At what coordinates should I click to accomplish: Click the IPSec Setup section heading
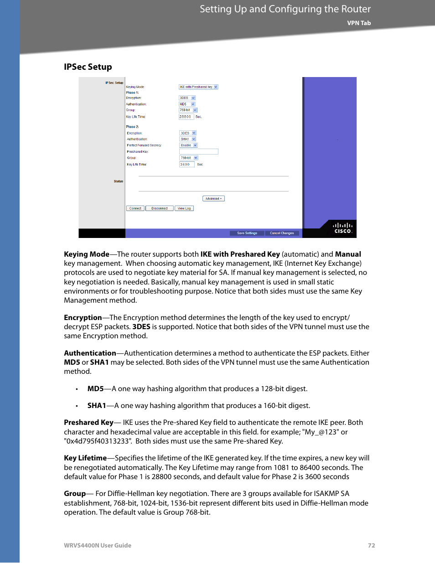[x=88, y=67]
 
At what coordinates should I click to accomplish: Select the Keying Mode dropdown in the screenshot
[x=198, y=87]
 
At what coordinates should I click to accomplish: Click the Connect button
[x=135, y=208]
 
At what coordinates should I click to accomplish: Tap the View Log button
[x=184, y=208]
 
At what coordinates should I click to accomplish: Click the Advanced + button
[x=213, y=199]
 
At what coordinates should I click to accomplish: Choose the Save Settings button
[x=247, y=233]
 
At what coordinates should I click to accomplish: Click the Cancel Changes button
[x=282, y=233]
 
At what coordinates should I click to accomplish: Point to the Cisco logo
[x=342, y=228]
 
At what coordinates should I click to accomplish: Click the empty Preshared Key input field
[x=198, y=151]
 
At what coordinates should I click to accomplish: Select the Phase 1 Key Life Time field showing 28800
[x=186, y=117]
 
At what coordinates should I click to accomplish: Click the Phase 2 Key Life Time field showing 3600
[x=186, y=164]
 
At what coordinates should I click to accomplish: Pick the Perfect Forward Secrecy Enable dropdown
[x=188, y=145]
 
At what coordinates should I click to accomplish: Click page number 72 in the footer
[x=371, y=545]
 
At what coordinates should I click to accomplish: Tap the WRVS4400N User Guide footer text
[x=98, y=545]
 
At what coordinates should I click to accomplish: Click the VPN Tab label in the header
[x=359, y=23]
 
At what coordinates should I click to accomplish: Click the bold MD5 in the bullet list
[x=95, y=388]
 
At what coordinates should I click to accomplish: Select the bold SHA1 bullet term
[x=97, y=405]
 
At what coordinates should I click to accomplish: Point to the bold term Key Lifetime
[x=85, y=458]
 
